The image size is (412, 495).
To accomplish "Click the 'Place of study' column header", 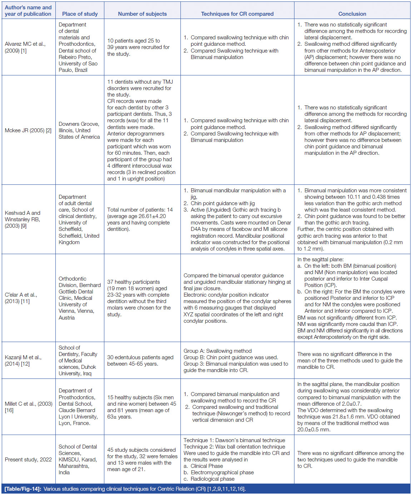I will (x=80, y=14).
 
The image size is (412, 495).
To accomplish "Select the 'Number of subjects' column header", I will (x=142, y=14).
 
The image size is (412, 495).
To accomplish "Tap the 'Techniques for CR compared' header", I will (x=237, y=14).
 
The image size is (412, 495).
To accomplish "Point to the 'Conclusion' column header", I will (x=352, y=14).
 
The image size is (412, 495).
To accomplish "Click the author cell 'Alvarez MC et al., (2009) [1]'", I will (x=25, y=47).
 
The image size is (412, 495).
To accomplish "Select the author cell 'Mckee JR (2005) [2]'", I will (x=28, y=130).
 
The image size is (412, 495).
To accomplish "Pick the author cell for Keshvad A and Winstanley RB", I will (x=23, y=219).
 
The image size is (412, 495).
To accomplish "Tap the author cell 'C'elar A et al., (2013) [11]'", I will (x=21, y=298).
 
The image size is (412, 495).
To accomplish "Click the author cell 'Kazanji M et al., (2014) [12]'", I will (x=23, y=360).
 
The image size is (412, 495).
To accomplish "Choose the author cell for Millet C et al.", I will (x=28, y=407).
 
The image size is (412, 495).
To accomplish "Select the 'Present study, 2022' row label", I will (x=28, y=460).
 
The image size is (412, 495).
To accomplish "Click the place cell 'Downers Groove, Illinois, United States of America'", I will (x=79, y=130).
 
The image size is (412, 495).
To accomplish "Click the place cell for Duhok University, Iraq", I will (x=78, y=360).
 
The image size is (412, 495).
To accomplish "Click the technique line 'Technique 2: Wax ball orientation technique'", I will (x=234, y=447).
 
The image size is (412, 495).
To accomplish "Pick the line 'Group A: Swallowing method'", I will (x=218, y=351).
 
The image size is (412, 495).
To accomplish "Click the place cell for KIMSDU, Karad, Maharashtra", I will (x=78, y=460).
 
